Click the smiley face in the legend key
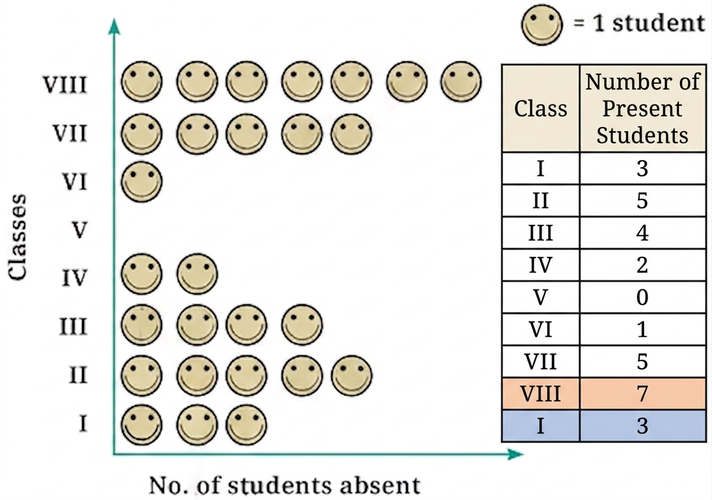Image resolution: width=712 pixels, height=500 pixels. tap(541, 24)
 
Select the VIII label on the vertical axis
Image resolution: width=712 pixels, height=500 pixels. tap(65, 84)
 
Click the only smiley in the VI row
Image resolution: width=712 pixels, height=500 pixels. tap(142, 182)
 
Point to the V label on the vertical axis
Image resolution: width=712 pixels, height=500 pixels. tap(79, 230)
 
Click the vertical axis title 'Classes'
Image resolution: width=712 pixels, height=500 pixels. tap(17, 237)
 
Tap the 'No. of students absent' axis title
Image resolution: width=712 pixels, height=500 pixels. tap(285, 485)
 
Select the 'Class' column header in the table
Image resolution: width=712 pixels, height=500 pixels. tap(541, 108)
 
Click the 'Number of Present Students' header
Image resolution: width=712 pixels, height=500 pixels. tap(643, 108)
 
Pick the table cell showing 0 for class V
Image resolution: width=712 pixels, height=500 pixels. tap(643, 297)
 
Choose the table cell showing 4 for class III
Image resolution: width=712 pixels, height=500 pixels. tap(643, 233)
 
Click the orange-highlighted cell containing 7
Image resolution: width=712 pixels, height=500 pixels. tap(643, 394)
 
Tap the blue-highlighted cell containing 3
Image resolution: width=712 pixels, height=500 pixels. tap(643, 426)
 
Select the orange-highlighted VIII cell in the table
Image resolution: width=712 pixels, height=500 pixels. tap(541, 394)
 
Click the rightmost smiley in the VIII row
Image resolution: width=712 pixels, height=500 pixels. tap(461, 82)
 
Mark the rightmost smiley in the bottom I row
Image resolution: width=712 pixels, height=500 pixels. tap(246, 425)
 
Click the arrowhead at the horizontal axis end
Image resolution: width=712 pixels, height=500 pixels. tap(515, 454)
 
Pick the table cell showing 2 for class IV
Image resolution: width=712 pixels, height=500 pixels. tap(643, 265)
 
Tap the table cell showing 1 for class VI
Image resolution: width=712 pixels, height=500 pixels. tap(643, 329)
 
